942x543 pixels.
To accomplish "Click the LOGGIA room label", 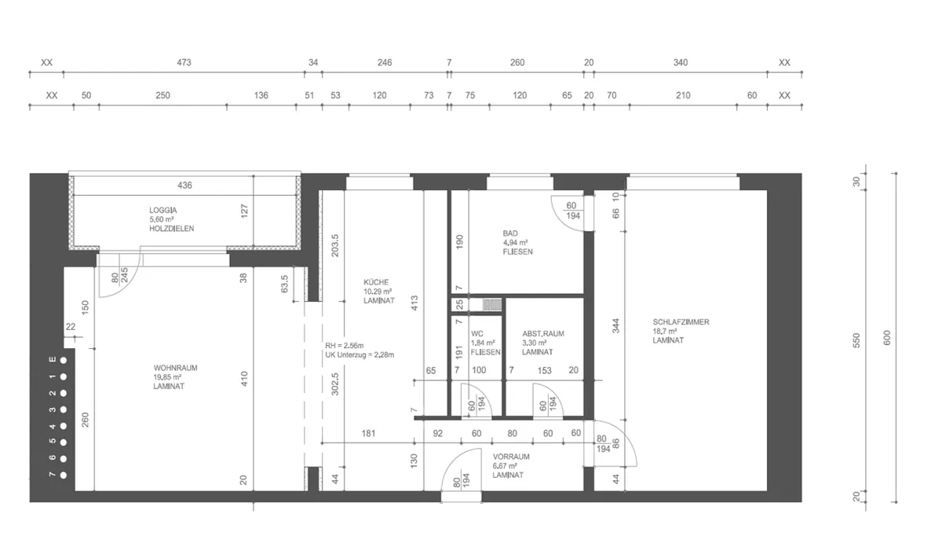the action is click(x=163, y=210).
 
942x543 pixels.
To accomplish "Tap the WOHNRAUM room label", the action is click(x=175, y=368).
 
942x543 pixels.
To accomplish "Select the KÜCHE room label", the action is click(x=376, y=282).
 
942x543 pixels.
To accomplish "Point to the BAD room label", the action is click(x=510, y=233).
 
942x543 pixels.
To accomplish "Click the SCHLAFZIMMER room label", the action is click(x=681, y=322).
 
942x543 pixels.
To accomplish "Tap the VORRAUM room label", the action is click(x=511, y=457).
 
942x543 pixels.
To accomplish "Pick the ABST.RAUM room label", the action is click(x=543, y=334).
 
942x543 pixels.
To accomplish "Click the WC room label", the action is click(x=477, y=334).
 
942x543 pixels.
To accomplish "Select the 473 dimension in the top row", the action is click(x=184, y=63).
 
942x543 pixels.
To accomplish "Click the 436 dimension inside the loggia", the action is click(x=184, y=185).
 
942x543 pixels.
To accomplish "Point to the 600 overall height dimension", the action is click(x=887, y=338).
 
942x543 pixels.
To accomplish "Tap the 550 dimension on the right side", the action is click(x=856, y=340).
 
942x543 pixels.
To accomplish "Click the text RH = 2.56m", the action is click(x=344, y=346).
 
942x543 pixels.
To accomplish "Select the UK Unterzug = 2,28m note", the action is click(x=360, y=355).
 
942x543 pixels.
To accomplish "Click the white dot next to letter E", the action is click(x=64, y=361).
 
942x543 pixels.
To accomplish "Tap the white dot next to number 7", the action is click(x=64, y=475).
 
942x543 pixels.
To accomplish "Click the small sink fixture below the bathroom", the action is click(x=492, y=304).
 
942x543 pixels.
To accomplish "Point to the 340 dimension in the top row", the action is click(x=681, y=63).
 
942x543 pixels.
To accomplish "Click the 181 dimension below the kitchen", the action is click(x=368, y=434).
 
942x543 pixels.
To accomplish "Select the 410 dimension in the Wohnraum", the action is click(x=244, y=379).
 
